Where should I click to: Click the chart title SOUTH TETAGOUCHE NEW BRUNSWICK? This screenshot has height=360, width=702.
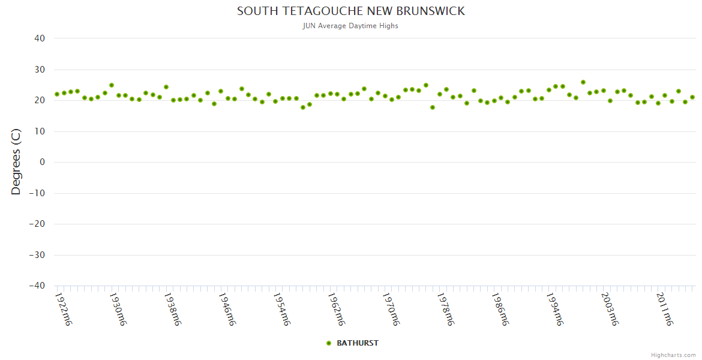tap(351, 11)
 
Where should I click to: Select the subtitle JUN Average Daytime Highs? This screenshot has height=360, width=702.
tap(351, 26)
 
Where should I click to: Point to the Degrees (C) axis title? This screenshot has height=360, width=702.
tap(16, 162)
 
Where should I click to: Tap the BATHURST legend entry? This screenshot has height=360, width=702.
tap(357, 343)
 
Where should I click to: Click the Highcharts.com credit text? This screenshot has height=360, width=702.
tap(673, 355)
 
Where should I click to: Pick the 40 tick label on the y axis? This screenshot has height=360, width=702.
tap(40, 38)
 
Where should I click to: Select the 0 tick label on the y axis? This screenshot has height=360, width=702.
tap(43, 162)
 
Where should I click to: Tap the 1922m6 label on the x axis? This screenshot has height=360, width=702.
tap(63, 309)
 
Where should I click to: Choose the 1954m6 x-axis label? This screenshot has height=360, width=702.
tap(281, 309)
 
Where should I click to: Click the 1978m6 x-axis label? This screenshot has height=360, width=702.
tap(446, 309)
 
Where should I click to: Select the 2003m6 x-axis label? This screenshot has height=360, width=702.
tap(610, 309)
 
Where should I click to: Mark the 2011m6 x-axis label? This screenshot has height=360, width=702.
tap(664, 309)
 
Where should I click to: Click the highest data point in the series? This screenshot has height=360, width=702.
tap(583, 82)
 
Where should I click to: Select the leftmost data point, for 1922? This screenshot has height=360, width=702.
tap(57, 94)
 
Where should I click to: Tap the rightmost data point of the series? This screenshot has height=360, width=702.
tap(692, 97)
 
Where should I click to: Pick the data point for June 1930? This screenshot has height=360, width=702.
tap(112, 85)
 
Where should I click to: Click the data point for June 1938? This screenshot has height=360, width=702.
tap(166, 87)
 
